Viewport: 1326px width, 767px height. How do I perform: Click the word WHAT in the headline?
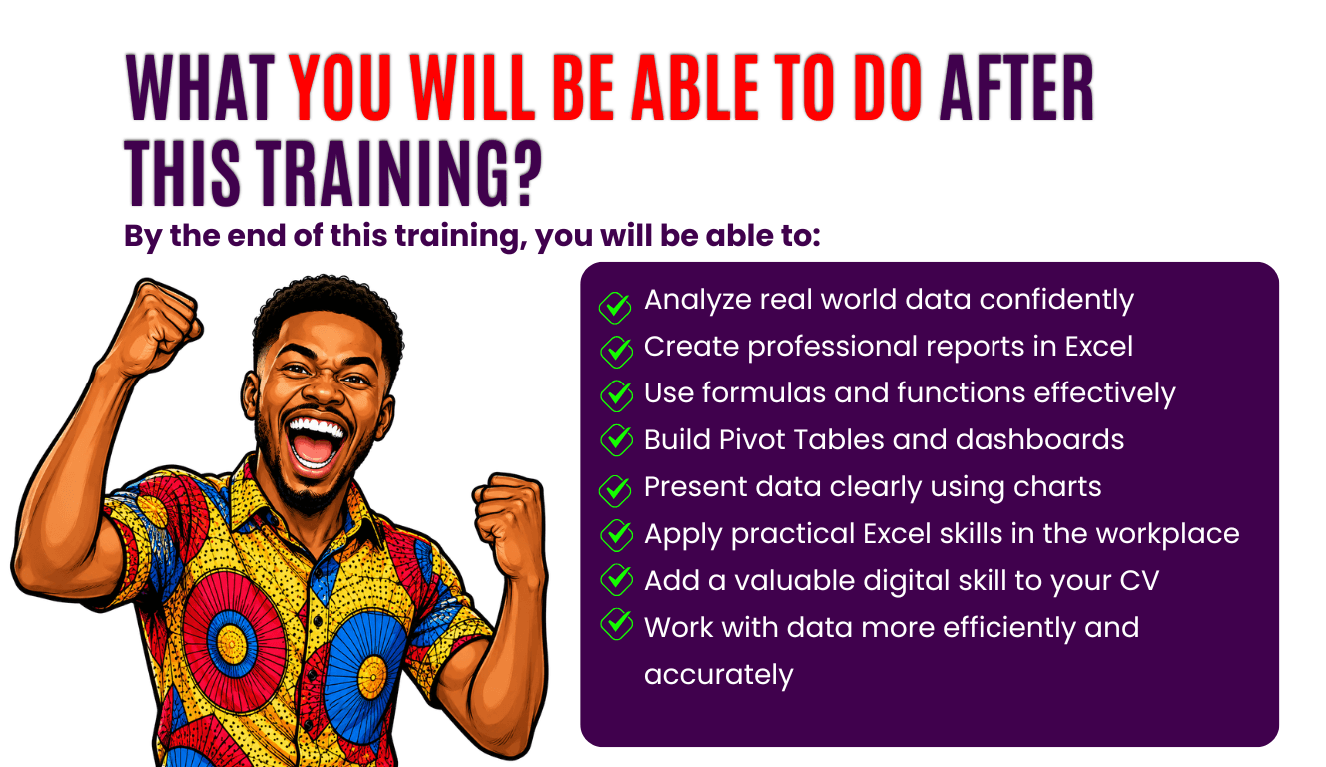(200, 88)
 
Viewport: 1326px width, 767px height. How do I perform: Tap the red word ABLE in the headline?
(695, 88)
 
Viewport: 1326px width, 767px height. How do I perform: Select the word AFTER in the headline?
(1016, 88)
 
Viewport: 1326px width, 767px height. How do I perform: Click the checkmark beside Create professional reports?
(616, 352)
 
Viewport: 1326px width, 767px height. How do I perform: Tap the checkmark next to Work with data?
(616, 624)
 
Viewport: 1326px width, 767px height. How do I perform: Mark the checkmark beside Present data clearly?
(616, 490)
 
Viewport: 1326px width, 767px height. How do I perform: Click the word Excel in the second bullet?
(1098, 346)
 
